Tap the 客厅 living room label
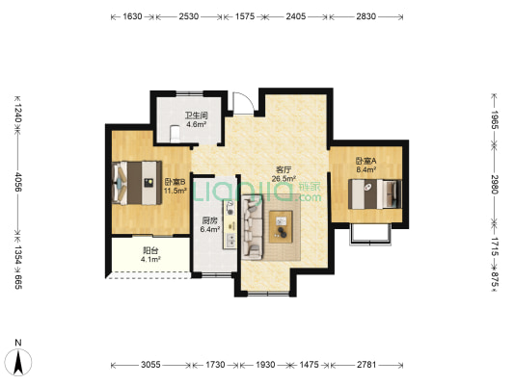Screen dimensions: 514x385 coord(284,169)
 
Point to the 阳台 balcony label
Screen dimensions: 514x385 coord(150,250)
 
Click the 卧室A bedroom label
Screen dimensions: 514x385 coord(365,161)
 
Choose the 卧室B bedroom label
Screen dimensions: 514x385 coord(176,182)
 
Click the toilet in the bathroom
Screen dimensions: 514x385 coord(176,134)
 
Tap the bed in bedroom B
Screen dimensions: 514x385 coord(137,183)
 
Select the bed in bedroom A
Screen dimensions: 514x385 coord(375,193)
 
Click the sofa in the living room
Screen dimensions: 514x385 coord(253,227)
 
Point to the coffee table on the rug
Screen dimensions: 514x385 coord(281,227)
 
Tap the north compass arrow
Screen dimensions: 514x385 coord(18,363)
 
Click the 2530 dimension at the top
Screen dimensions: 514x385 coord(189,16)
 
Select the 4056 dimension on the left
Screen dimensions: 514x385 coord(18,182)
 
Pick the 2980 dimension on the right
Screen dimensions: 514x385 coord(495,184)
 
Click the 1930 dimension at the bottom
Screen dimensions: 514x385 coord(265,365)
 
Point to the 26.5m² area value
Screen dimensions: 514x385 coord(284,179)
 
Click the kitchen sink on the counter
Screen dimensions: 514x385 coord(230,208)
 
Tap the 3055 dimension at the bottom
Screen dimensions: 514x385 coord(150,365)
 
